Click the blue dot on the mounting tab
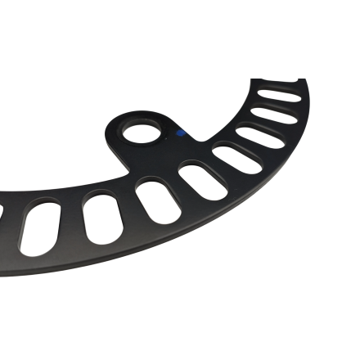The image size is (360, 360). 182,130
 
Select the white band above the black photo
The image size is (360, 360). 180,37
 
